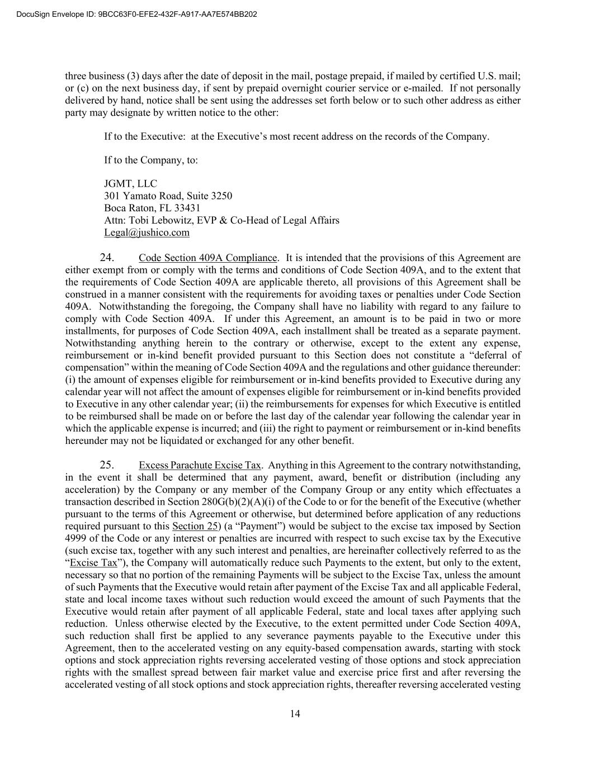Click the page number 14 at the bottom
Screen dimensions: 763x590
click(x=295, y=714)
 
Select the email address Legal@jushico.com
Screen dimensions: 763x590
click(x=147, y=233)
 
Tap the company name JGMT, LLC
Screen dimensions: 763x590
click(x=130, y=183)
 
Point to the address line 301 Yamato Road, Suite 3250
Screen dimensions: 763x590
click(x=168, y=196)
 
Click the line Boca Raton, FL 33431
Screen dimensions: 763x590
click(x=152, y=208)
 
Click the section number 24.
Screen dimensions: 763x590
click(x=107, y=258)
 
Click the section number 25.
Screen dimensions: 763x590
click(x=107, y=465)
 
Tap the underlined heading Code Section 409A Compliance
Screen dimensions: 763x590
click(x=207, y=258)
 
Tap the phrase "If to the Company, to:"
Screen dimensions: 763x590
click(x=151, y=160)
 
